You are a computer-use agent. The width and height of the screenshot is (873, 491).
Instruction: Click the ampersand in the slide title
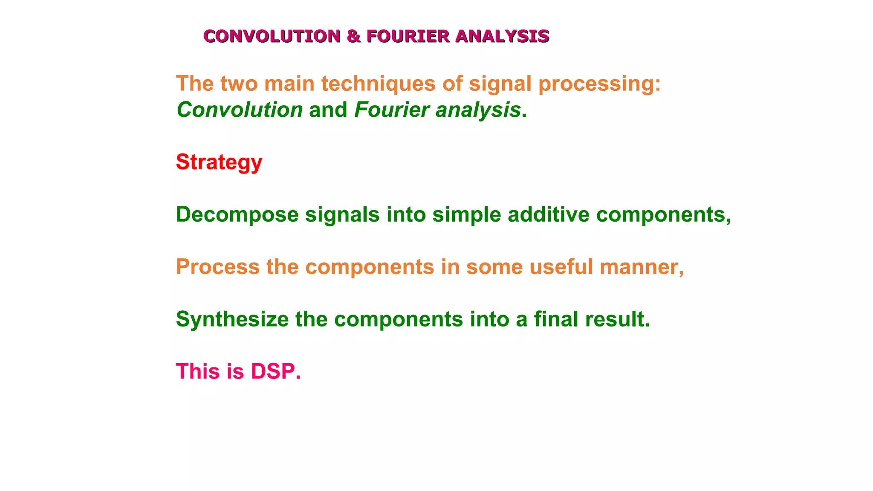tap(354, 36)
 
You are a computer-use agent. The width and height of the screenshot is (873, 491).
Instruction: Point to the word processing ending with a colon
tap(599, 84)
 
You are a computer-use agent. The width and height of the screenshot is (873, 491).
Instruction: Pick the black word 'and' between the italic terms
tap(328, 110)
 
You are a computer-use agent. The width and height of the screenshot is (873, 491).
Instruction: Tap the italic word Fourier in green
tap(392, 110)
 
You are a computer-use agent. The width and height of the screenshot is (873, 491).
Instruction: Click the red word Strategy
tap(219, 162)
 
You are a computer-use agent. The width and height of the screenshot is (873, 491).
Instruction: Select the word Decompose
tap(237, 214)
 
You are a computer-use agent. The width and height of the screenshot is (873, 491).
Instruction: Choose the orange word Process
tap(218, 267)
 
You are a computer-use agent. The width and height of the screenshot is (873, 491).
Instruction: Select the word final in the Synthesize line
tap(556, 319)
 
